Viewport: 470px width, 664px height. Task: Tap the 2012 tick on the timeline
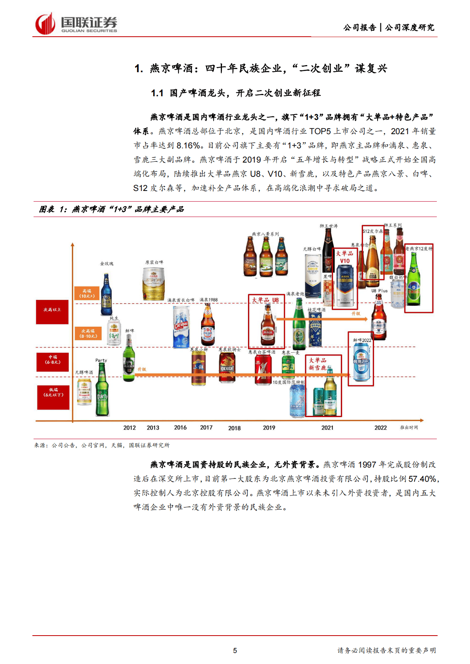click(x=129, y=428)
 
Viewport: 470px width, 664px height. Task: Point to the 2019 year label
click(x=269, y=428)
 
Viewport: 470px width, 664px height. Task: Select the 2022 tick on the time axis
click(x=380, y=428)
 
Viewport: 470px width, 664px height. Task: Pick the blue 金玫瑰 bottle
click(x=106, y=294)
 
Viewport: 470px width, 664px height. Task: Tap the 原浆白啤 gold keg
click(x=154, y=283)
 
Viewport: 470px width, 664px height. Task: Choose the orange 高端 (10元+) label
click(x=87, y=294)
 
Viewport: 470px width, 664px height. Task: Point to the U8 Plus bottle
click(x=378, y=318)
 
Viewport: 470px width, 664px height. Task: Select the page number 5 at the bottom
click(x=235, y=651)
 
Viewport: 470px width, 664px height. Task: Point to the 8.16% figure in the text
click(x=188, y=146)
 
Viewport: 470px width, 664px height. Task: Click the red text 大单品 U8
click(x=265, y=300)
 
